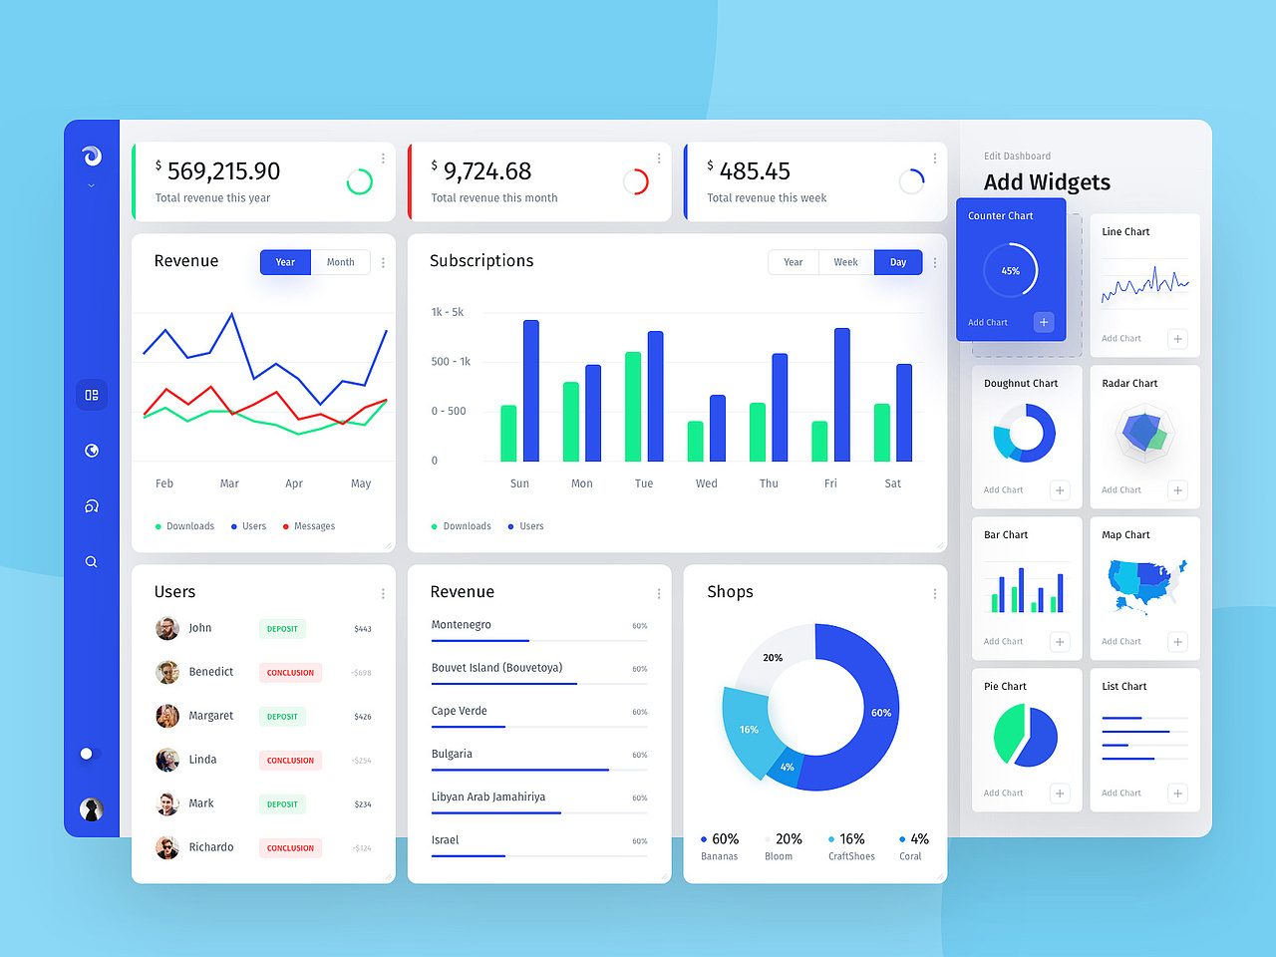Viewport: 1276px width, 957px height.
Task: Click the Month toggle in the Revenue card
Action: click(340, 262)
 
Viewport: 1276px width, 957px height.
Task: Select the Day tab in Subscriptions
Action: click(898, 262)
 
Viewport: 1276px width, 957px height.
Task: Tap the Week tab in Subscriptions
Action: click(845, 262)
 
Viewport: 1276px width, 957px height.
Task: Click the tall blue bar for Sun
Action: click(531, 391)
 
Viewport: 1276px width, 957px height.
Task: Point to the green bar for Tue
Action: click(633, 407)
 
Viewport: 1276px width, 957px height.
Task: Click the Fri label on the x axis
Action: click(830, 483)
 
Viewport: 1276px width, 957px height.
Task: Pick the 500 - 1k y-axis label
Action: click(451, 362)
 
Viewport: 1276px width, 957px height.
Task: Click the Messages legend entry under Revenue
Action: click(314, 526)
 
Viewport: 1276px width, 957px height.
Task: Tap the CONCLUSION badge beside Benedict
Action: click(290, 673)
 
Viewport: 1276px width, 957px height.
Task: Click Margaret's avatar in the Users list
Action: click(167, 716)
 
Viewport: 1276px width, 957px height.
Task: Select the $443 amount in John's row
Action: click(363, 629)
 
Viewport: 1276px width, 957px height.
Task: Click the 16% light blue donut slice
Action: click(750, 730)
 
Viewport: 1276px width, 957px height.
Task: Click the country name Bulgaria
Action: click(452, 754)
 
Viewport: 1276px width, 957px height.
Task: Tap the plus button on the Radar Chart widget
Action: click(1177, 490)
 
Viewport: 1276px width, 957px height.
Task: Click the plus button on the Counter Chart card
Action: click(1044, 322)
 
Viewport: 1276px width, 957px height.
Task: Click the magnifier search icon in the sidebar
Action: click(92, 562)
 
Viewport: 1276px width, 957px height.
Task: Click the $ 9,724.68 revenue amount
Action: click(486, 171)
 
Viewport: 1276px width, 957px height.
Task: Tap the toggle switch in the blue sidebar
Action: click(90, 754)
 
